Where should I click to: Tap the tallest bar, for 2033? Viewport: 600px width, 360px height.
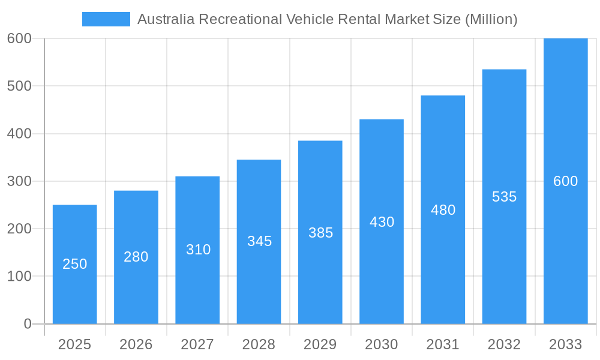point(565,240)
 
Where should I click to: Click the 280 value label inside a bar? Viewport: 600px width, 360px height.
point(136,257)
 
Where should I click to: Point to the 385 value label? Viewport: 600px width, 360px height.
point(320,233)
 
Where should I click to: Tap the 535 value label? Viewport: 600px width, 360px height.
point(504,197)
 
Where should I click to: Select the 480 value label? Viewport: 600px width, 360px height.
point(443,210)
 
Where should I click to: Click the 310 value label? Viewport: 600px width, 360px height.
point(198,250)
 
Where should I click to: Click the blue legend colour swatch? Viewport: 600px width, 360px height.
point(106,19)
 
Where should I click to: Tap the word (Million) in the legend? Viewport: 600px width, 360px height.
point(491,19)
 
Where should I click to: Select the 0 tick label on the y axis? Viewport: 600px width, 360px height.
point(27,324)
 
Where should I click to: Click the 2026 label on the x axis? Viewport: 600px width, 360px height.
point(136,344)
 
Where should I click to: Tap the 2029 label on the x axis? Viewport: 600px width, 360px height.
point(320,344)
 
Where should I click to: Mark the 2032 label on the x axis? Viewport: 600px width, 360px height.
point(504,344)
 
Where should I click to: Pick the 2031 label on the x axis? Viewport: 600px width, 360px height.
point(443,344)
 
